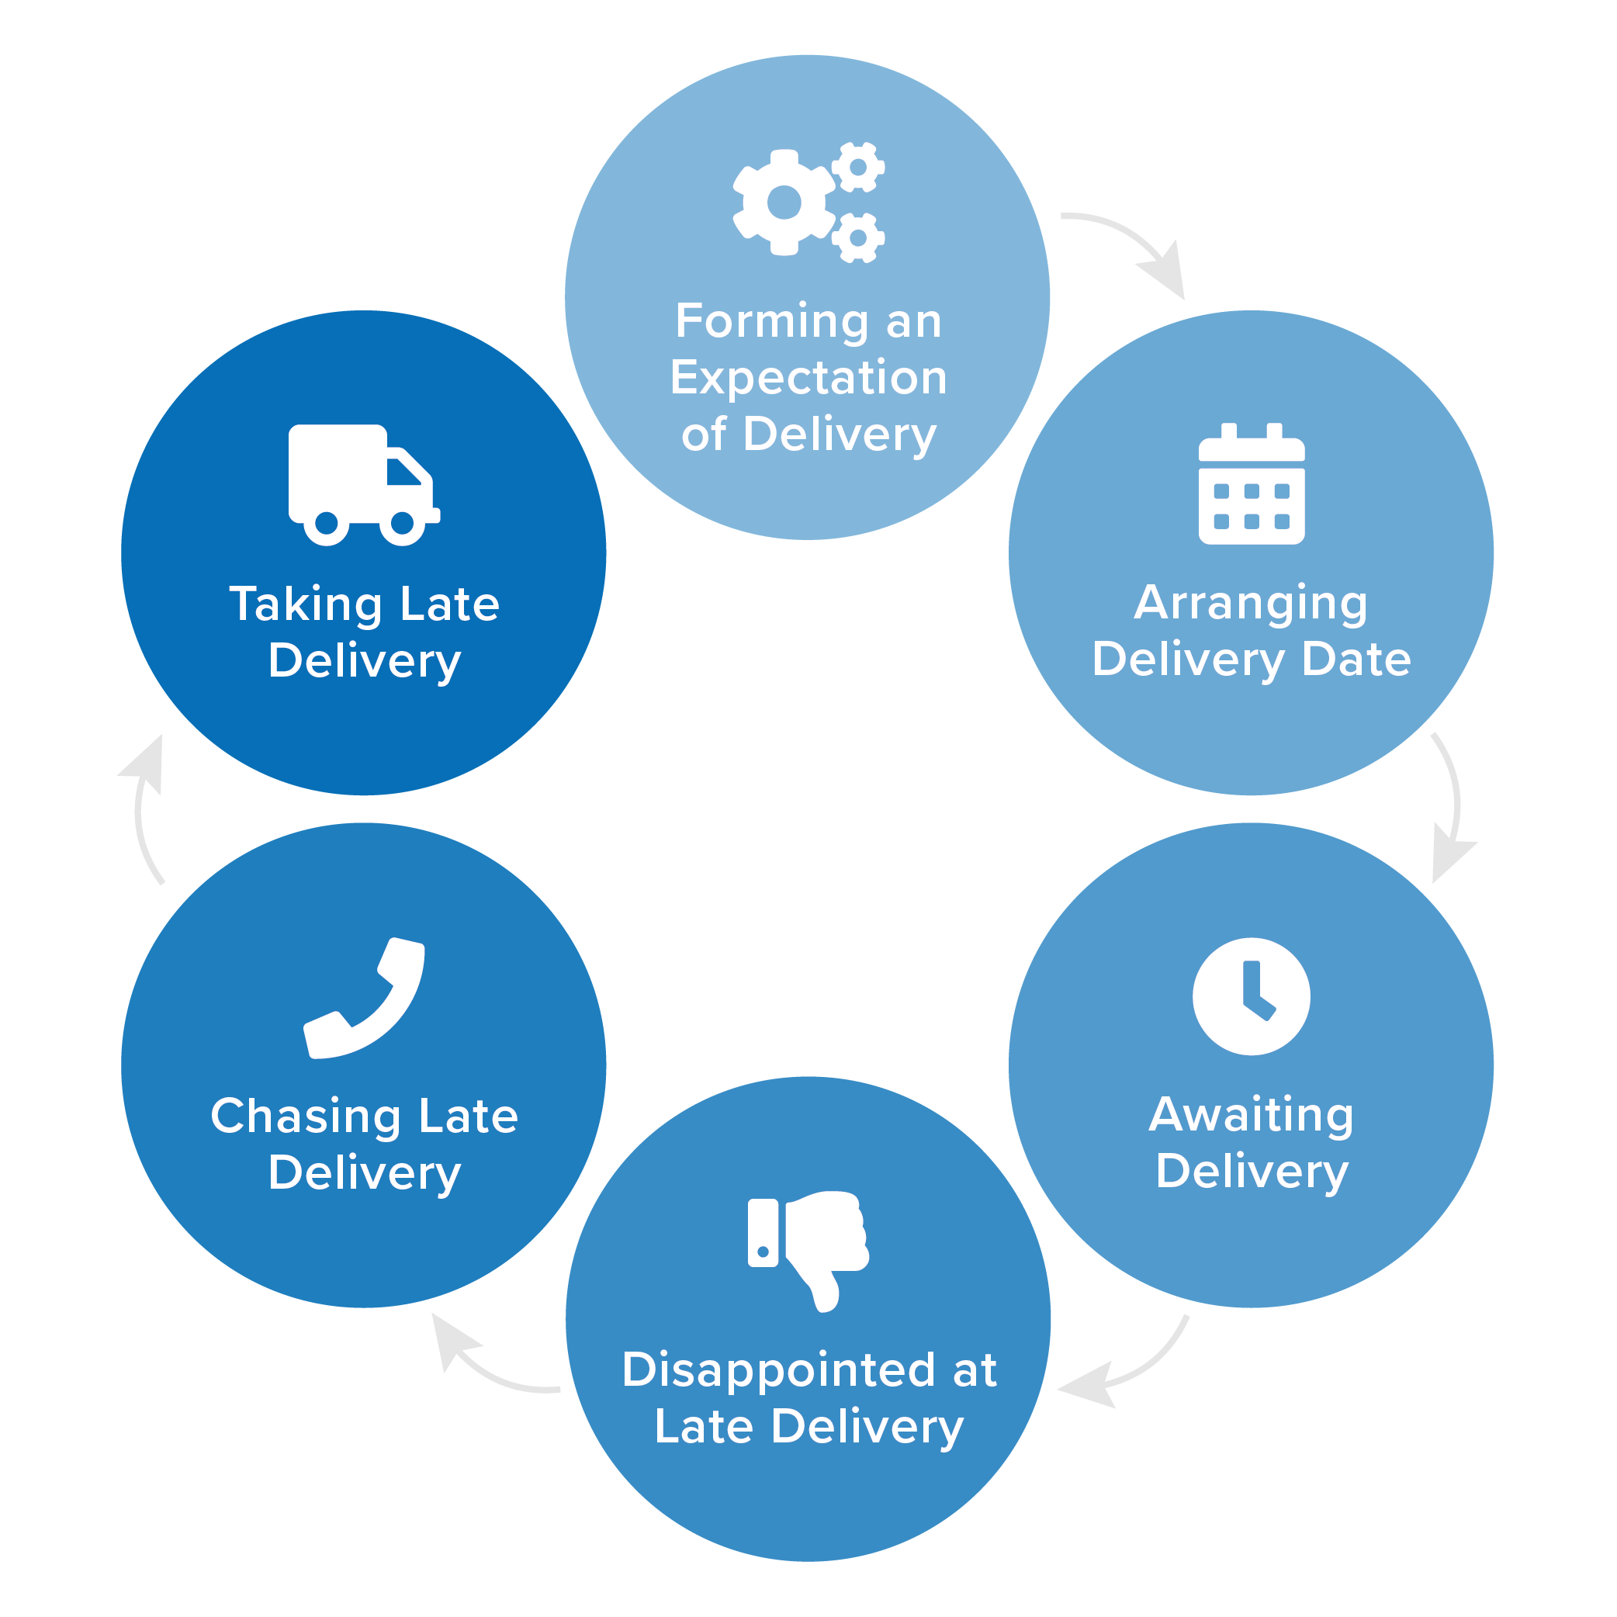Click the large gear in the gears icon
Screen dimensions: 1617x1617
coord(784,203)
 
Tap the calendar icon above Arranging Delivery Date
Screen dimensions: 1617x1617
coord(1252,486)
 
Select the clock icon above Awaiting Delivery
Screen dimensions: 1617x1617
coord(1252,996)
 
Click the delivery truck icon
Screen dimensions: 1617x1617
coord(363,483)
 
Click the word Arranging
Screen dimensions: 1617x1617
coord(1251,604)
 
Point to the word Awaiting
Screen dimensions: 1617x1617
coord(1251,1115)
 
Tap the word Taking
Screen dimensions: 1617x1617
coord(306,605)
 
